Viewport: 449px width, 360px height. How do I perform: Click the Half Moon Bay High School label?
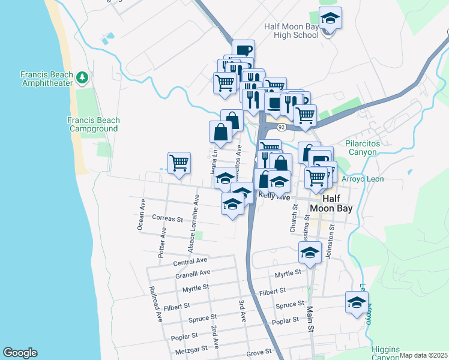point(291,31)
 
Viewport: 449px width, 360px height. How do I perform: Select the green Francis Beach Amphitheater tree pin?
point(82,78)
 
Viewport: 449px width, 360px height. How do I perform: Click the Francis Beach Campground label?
point(93,124)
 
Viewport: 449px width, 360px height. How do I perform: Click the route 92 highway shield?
point(281,127)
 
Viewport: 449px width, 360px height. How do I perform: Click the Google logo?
point(19,353)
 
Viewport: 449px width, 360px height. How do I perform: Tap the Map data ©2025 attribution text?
point(423,355)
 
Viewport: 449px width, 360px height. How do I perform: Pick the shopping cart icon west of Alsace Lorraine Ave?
point(179,163)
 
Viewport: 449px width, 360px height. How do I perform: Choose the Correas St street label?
point(167,219)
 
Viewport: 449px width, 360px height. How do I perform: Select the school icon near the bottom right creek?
point(357,303)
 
